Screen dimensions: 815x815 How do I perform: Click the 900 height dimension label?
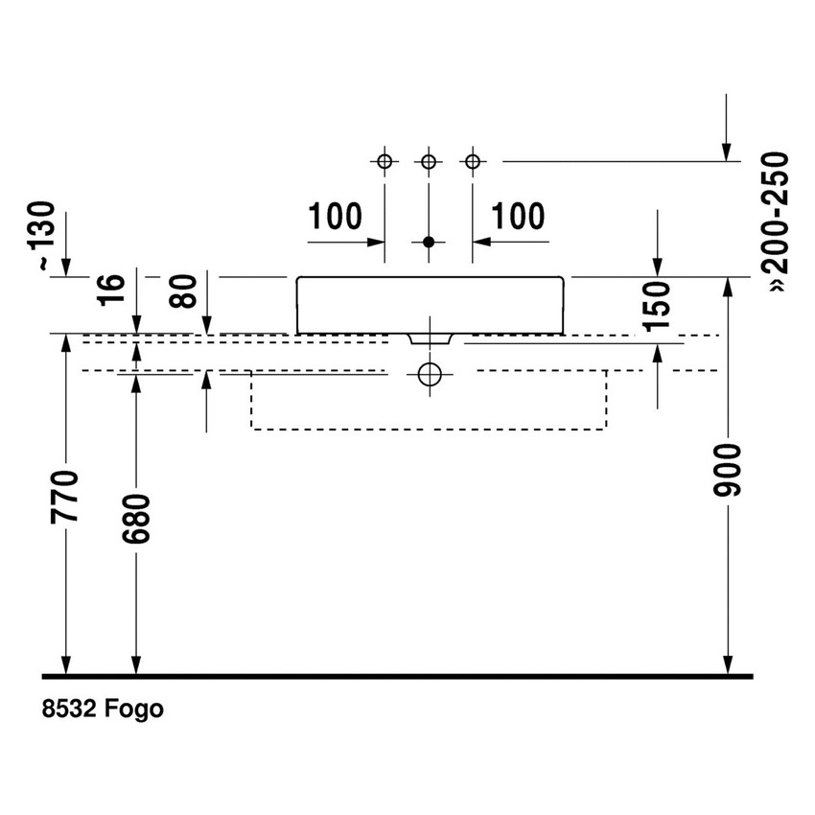(x=727, y=470)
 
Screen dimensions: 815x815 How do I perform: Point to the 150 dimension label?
(x=656, y=306)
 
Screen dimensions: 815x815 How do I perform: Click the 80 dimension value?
(x=184, y=291)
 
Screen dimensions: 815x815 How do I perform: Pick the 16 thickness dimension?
(x=112, y=290)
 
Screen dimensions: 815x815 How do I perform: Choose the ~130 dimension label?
(x=41, y=236)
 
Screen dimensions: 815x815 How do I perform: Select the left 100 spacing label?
(x=336, y=217)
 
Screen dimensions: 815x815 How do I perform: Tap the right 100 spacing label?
(x=518, y=217)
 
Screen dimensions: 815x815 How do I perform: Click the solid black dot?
(x=429, y=242)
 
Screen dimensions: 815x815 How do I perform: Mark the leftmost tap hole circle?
(x=384, y=162)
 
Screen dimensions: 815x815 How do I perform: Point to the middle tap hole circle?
(x=429, y=162)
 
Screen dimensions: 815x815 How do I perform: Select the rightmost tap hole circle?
(x=473, y=162)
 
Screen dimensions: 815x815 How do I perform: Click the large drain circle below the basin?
(x=430, y=374)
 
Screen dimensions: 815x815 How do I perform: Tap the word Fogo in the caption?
(x=134, y=709)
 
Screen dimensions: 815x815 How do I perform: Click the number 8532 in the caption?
(x=69, y=709)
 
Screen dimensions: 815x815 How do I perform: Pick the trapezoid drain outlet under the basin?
(x=430, y=338)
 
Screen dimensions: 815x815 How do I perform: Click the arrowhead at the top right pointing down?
(x=726, y=152)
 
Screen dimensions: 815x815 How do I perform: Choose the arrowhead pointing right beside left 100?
(x=375, y=242)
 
